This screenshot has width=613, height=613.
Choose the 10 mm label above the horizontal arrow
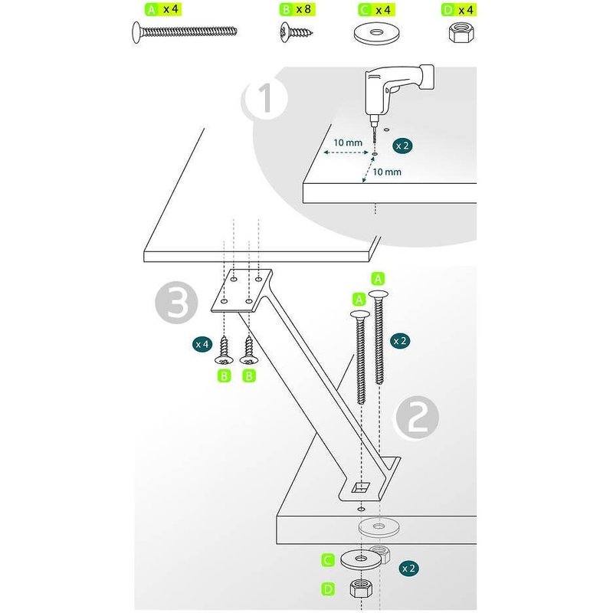(x=348, y=143)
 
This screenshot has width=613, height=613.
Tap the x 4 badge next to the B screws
(x=202, y=344)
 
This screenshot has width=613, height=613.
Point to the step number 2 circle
(x=416, y=418)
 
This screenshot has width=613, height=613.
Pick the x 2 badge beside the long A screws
(x=399, y=340)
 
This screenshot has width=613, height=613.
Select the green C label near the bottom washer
(x=328, y=561)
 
